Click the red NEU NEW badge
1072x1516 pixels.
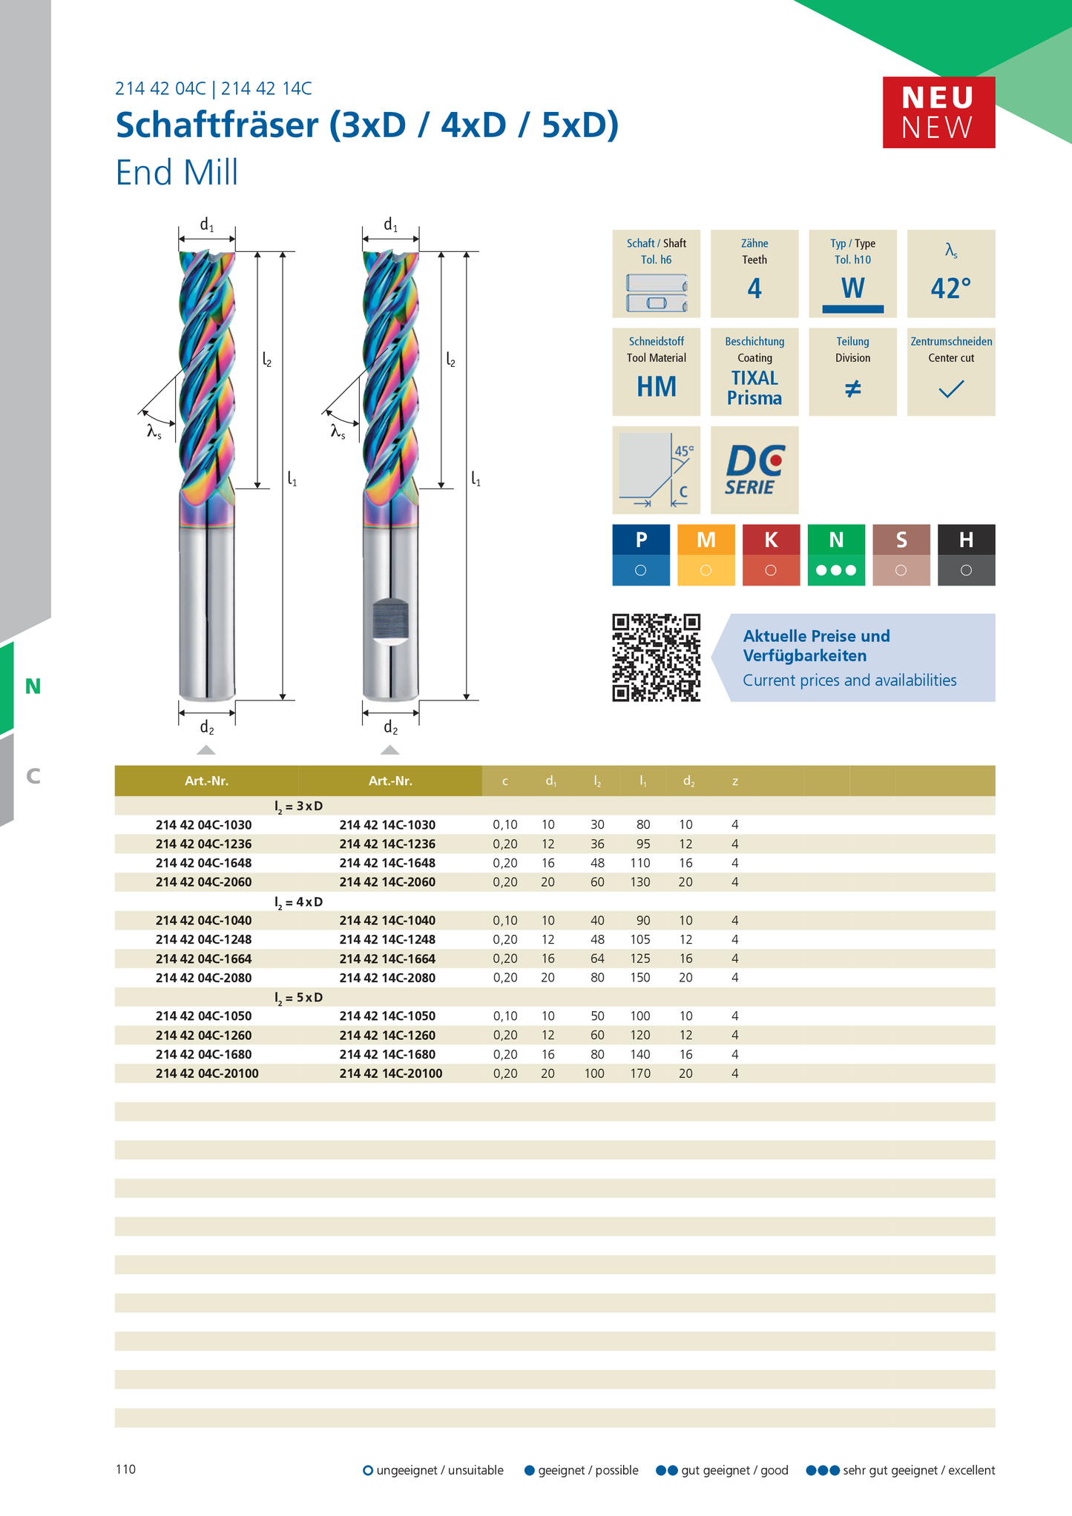[938, 112]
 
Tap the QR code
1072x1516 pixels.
[656, 658]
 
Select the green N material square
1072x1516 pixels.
[836, 555]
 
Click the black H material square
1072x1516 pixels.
[966, 555]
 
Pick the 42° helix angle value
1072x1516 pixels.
[951, 288]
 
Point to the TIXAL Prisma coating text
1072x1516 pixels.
[754, 388]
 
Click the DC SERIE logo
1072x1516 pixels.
[754, 470]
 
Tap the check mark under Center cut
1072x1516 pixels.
[951, 388]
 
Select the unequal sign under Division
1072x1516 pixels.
[853, 388]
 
